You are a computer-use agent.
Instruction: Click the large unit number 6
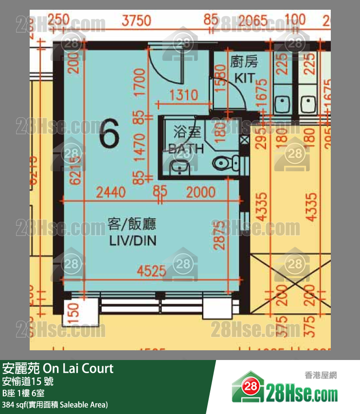(109, 135)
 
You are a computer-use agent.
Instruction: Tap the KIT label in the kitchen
(244, 77)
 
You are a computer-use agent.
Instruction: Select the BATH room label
(186, 148)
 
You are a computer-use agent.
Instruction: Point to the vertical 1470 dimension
(140, 144)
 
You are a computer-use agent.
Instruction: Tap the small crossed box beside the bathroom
(244, 139)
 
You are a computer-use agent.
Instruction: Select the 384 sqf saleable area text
(54, 404)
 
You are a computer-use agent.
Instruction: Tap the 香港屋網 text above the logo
(321, 375)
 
